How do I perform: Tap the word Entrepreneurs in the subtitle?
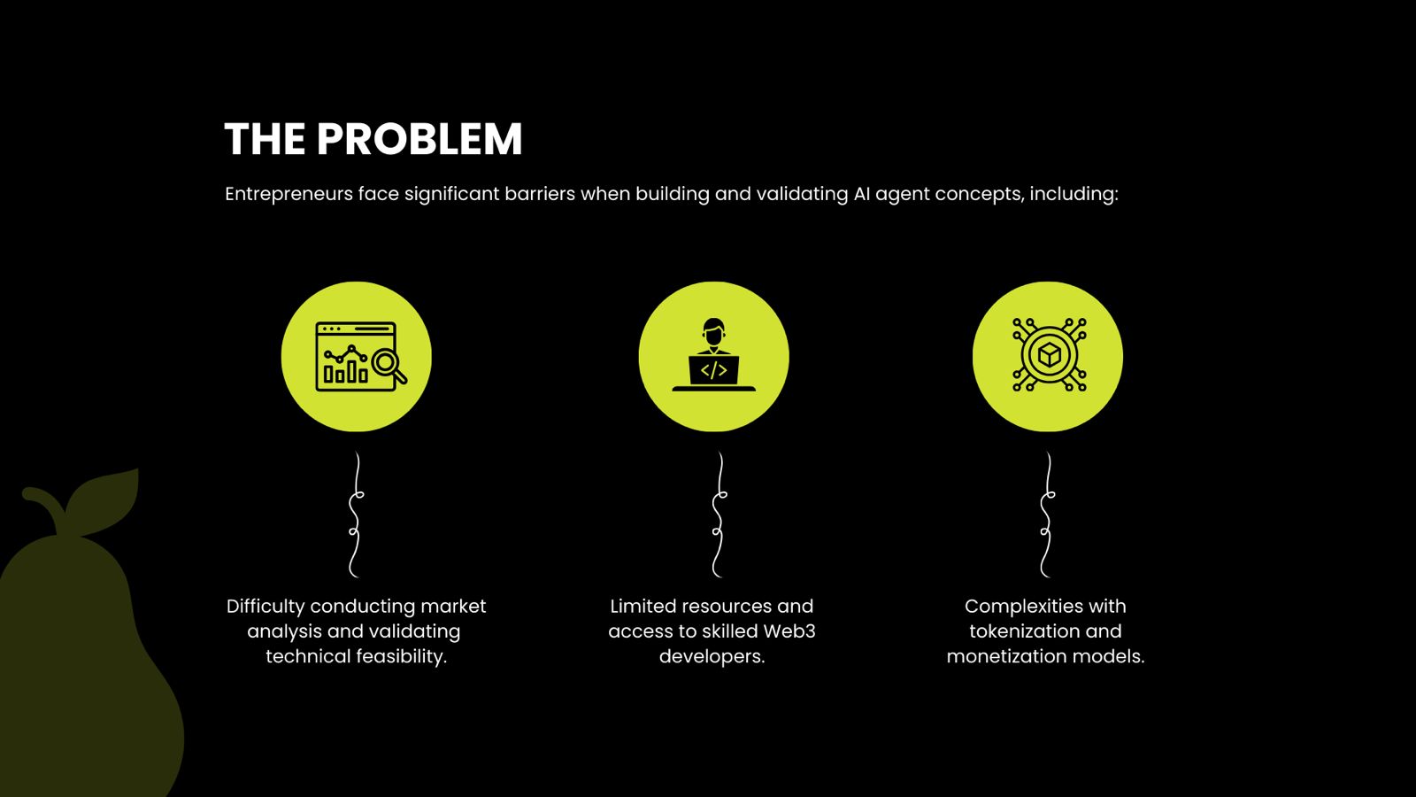coord(289,194)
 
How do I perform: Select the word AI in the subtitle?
coord(861,194)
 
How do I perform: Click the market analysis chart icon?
coord(357,357)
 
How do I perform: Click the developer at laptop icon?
coord(713,357)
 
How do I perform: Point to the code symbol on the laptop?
coord(713,369)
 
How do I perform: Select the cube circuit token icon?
coord(1049,356)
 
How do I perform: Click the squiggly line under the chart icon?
coord(356,515)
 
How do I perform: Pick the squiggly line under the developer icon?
coord(719,515)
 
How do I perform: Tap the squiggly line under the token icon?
coord(1047,515)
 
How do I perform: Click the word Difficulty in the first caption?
coord(265,607)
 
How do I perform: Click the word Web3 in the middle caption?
coord(789,631)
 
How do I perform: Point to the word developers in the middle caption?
coord(711,656)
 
